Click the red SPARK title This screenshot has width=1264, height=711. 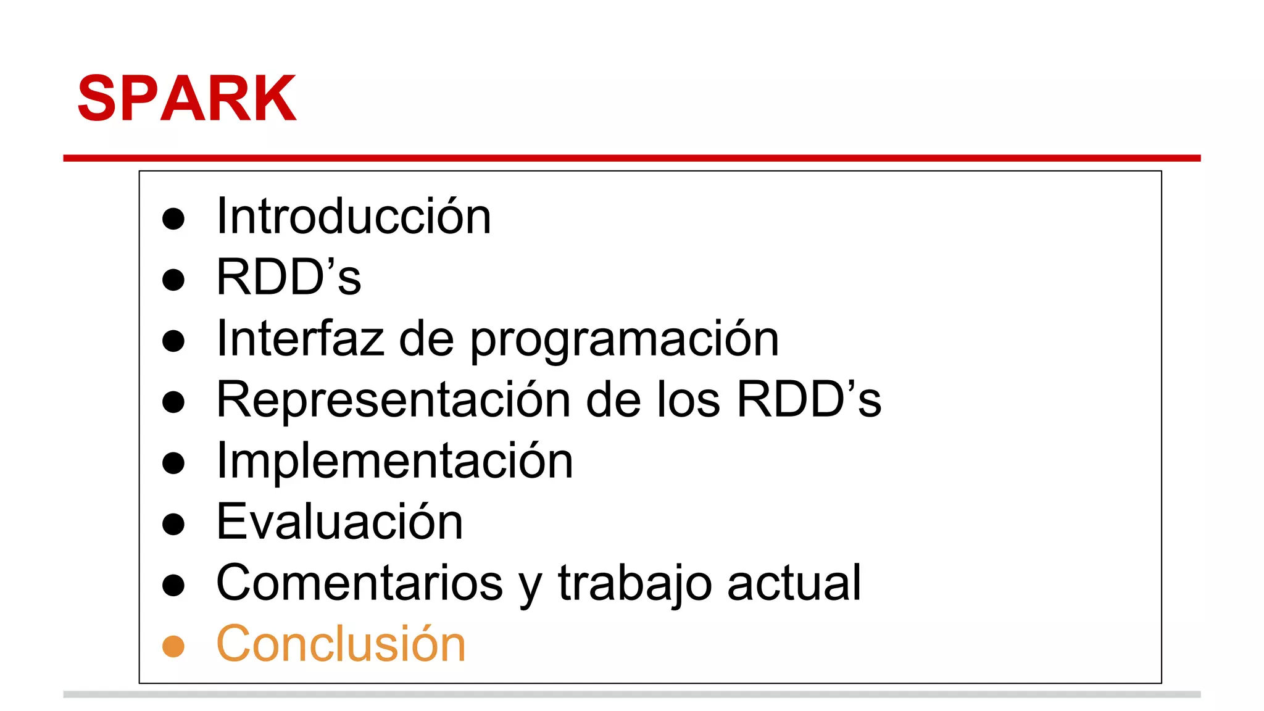[187, 99]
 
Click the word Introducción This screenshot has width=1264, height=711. [354, 216]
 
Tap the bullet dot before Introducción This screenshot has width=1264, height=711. [173, 218]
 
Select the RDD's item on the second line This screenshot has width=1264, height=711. [288, 277]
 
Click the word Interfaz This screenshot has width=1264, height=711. [299, 338]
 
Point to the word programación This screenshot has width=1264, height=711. [625, 341]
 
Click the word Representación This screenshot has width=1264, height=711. [393, 400]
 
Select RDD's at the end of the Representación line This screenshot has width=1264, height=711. [809, 399]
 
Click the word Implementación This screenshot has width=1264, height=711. [394, 460]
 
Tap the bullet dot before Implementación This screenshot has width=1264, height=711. [173, 463]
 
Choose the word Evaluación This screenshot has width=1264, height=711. [339, 522]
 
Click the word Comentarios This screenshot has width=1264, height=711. [359, 583]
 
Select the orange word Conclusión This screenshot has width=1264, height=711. [341, 644]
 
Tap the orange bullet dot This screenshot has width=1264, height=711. [173, 646]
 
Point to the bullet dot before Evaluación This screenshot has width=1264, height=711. [173, 524]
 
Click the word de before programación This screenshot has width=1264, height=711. [426, 338]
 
